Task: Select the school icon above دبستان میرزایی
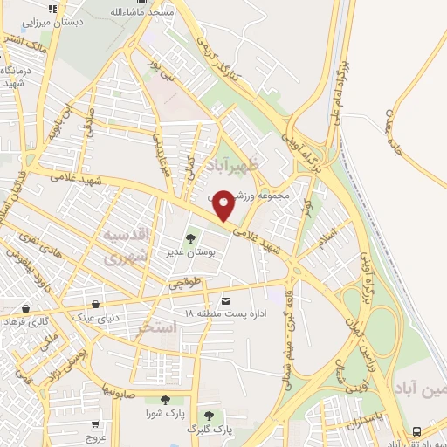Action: coord(53,9)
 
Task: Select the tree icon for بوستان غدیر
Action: coord(190,237)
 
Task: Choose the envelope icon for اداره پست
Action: coord(228,299)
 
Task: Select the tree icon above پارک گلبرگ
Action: coord(209,416)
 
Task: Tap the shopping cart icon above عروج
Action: coord(95,422)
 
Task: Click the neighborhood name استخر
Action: coord(157,327)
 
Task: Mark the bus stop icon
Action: coord(416,430)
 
